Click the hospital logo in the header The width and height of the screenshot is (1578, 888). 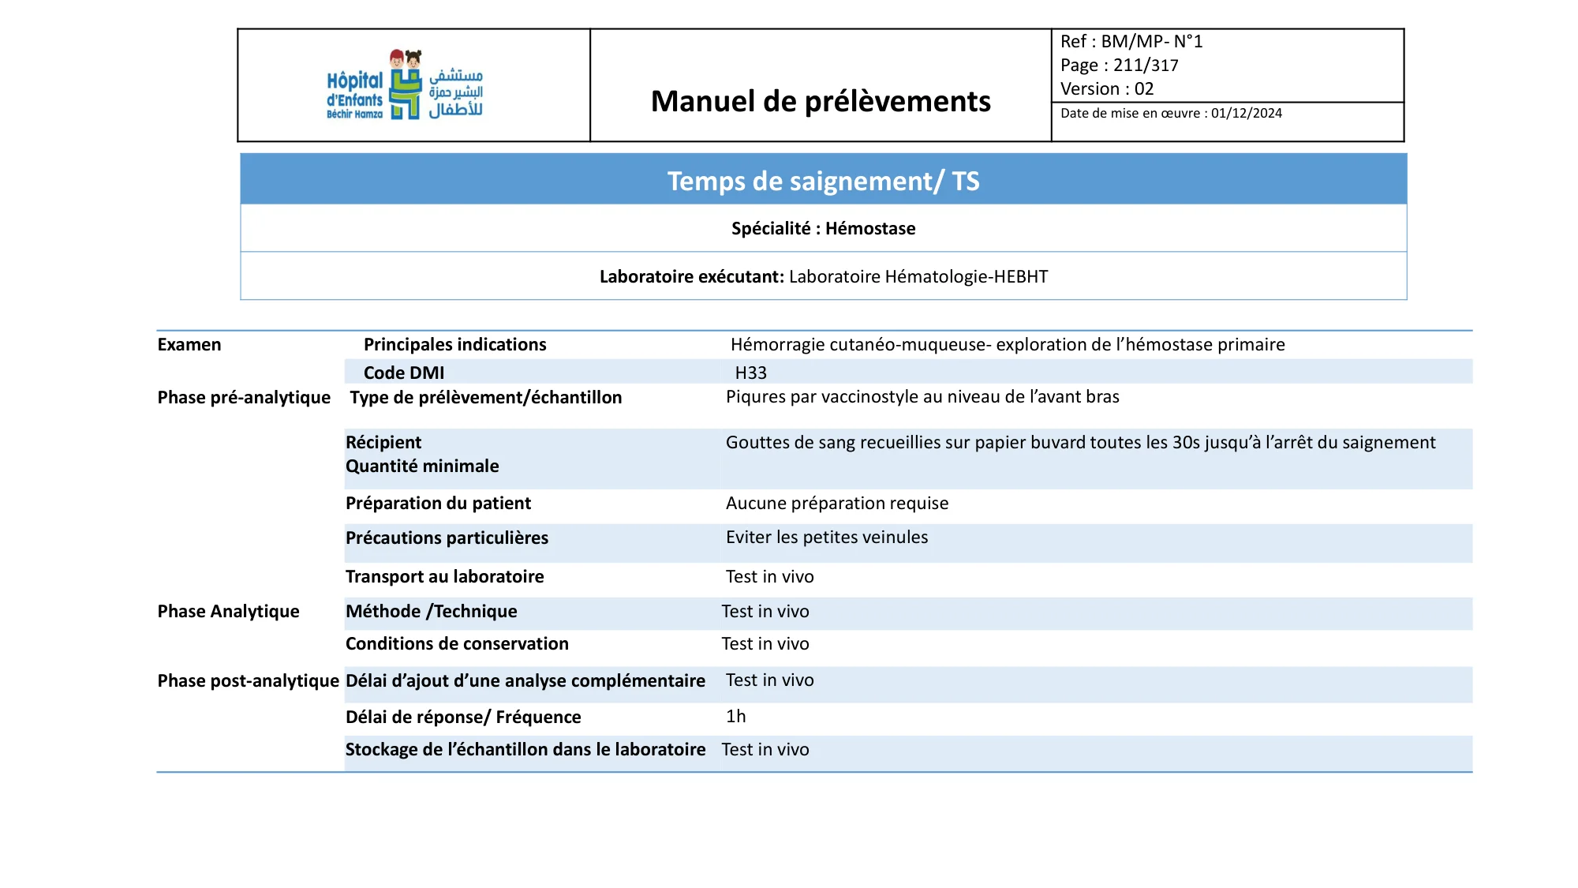405,85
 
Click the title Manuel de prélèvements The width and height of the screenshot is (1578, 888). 821,101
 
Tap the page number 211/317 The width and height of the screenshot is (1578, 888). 1146,66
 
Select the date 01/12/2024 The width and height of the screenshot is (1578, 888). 1247,113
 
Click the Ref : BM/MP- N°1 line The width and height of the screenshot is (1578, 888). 1131,42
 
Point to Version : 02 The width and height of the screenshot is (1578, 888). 1107,89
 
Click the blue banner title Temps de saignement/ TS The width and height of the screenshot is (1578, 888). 823,181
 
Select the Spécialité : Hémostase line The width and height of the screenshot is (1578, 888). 823,229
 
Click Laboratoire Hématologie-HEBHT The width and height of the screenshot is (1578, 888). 918,277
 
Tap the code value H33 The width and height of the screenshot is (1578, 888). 750,373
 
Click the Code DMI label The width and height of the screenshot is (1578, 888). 404,373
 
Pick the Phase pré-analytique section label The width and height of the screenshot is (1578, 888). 244,397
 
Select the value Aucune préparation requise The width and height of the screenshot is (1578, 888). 837,504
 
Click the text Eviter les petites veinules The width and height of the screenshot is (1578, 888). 827,538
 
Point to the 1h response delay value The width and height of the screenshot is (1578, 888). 735,717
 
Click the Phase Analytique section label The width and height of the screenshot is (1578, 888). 228,612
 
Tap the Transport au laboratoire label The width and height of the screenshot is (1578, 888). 444,577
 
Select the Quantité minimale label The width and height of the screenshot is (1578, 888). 422,466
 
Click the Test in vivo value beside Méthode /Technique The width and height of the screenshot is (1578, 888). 765,612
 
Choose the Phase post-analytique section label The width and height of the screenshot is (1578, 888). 248,681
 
